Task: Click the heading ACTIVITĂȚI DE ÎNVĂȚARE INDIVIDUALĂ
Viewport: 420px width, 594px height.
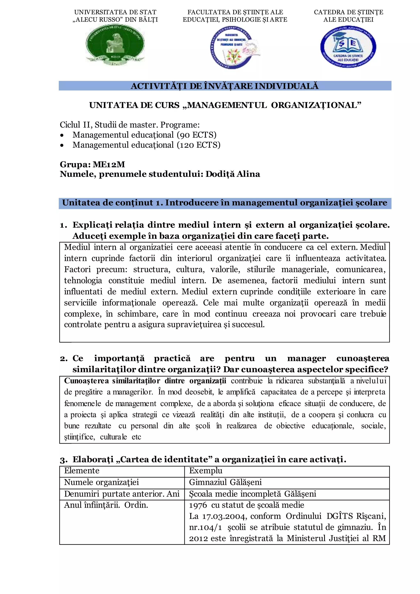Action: pyautogui.click(x=225, y=86)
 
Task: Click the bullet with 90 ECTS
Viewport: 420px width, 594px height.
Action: pyautogui.click(x=144, y=135)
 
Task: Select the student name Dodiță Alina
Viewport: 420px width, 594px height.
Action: pyautogui.click(x=233, y=174)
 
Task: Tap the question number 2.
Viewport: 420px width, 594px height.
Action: pyautogui.click(x=63, y=359)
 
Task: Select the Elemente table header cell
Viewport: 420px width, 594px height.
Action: pyautogui.click(x=82, y=471)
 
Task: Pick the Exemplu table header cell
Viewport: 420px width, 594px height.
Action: pyautogui.click(x=206, y=471)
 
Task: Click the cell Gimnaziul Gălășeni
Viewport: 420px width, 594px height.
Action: pyautogui.click(x=225, y=482)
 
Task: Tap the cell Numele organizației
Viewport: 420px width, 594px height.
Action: pyautogui.click(x=101, y=482)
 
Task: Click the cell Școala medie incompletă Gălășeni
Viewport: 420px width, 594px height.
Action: pyautogui.click(x=252, y=494)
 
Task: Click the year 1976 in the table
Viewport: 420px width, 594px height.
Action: pyautogui.click(x=198, y=505)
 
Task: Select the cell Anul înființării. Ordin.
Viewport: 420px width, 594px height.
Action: pyautogui.click(x=106, y=505)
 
